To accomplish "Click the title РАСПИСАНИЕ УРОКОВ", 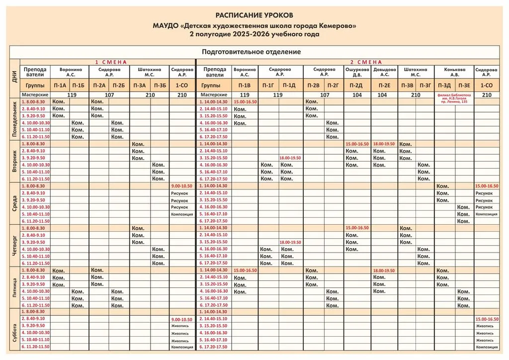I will pyautogui.click(x=254, y=16).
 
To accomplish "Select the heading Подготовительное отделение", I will pyautogui.click(x=251, y=52).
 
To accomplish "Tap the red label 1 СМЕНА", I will pyautogui.click(x=111, y=62).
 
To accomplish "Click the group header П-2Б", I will pyautogui.click(x=119, y=86).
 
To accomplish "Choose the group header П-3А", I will pyautogui.click(x=140, y=86).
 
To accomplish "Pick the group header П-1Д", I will pyautogui.click(x=289, y=86).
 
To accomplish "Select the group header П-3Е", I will pyautogui.click(x=464, y=86).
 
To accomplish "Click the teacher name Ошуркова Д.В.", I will pyautogui.click(x=357, y=73).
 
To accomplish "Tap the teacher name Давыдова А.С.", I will pyautogui.click(x=384, y=73).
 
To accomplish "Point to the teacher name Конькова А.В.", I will pyautogui.click(x=455, y=73).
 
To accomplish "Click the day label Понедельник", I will pyautogui.click(x=15, y=119).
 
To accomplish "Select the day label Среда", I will pyautogui.click(x=15, y=203).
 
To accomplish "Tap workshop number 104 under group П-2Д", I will pyautogui.click(x=357, y=94).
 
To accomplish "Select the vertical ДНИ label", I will pyautogui.click(x=14, y=77).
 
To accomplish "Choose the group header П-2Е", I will pyautogui.click(x=384, y=86).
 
